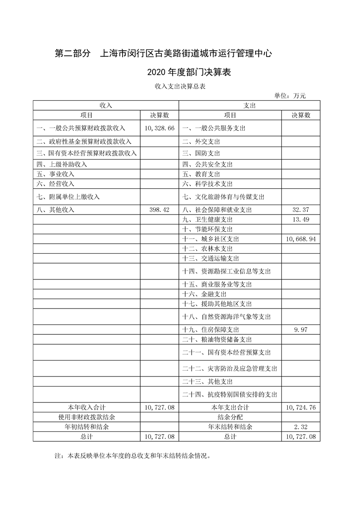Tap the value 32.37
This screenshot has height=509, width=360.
(301, 210)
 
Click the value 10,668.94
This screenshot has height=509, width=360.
(301, 239)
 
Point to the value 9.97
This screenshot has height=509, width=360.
(301, 330)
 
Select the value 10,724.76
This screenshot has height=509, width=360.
(301, 407)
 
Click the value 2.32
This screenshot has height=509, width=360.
(301, 427)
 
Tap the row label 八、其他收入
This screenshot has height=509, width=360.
(55, 210)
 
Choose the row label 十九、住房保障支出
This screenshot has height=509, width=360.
(210, 330)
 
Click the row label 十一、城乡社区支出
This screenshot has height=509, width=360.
(210, 239)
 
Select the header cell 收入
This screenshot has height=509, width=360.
(106, 105)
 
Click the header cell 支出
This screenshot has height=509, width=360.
(250, 105)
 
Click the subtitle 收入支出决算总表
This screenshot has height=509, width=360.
(180, 86)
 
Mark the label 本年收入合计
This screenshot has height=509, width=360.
(87, 407)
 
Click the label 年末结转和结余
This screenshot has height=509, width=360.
(230, 427)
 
